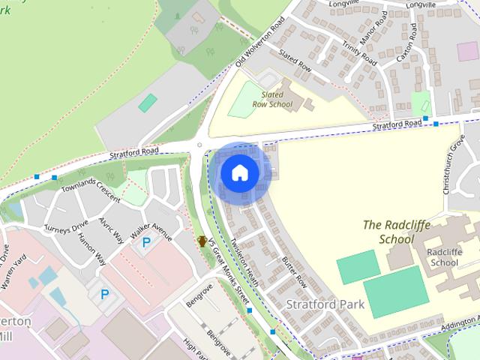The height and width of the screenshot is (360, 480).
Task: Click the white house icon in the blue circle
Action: (x=239, y=172)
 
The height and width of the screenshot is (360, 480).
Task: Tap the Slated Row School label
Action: (x=271, y=100)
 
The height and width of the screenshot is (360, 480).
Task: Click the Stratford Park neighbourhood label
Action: (x=325, y=304)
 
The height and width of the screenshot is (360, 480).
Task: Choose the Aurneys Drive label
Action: (x=66, y=225)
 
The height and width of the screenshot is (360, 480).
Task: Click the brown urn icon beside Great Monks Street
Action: (x=202, y=241)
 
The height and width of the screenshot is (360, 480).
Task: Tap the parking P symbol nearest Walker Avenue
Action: (x=147, y=242)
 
